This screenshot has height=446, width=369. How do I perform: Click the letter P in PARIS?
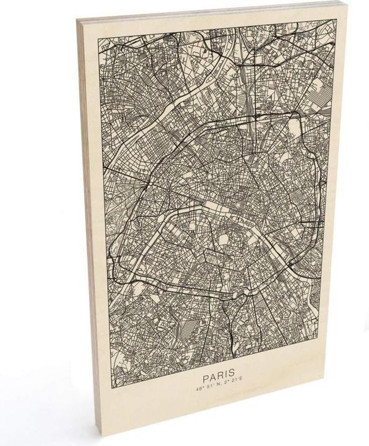click(x=204, y=375)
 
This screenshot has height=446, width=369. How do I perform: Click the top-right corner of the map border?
click(x=335, y=20)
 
